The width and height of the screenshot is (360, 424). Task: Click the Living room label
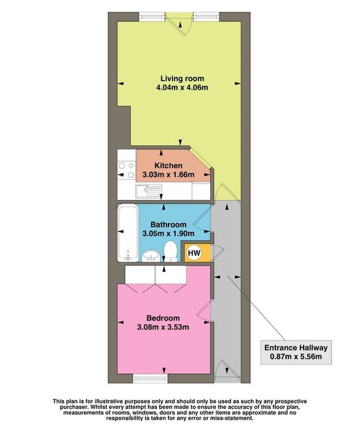point(182,79)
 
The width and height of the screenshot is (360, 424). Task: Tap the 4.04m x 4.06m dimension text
point(182,88)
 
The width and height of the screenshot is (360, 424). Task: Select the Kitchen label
point(168,165)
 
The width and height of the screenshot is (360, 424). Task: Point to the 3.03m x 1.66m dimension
point(168,174)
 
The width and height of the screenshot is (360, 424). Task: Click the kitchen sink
point(148,191)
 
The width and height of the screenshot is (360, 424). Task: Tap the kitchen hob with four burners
point(127,170)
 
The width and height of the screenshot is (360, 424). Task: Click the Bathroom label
point(168,225)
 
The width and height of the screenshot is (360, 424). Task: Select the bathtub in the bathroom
point(128,233)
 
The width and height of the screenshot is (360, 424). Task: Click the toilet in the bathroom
point(170,251)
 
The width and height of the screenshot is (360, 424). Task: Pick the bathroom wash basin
point(151,256)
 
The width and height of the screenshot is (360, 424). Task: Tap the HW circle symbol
point(194,253)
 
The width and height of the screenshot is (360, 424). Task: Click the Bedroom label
point(163,318)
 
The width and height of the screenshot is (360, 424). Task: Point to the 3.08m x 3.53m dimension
point(163,327)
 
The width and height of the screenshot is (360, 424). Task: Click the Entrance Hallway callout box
point(296,353)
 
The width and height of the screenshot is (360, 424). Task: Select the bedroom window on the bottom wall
point(150,379)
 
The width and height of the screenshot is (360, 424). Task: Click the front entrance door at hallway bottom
point(227,371)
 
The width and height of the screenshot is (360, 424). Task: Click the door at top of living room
point(179,24)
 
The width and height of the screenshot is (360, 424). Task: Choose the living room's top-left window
point(152,16)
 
